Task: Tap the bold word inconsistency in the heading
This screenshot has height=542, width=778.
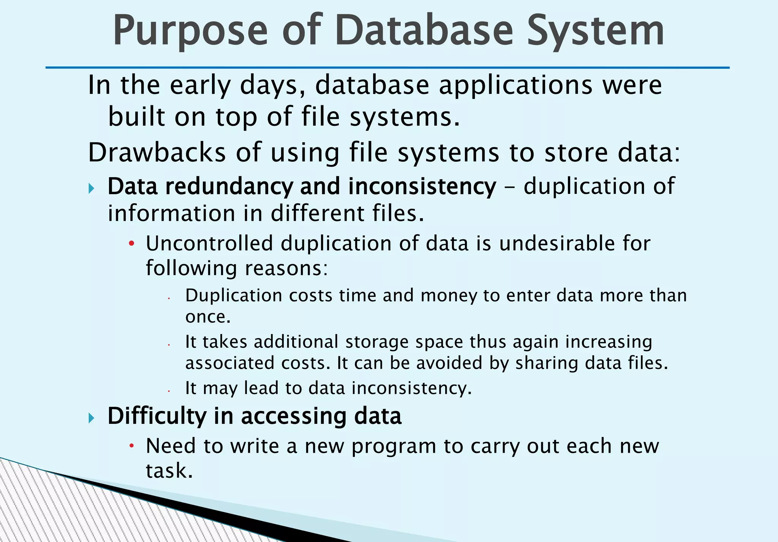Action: (x=422, y=187)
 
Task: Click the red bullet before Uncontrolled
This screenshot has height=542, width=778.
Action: (x=131, y=244)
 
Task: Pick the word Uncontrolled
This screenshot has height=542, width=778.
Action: (x=209, y=243)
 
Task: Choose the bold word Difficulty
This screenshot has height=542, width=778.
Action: (x=157, y=416)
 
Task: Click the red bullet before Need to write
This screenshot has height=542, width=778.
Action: (x=131, y=445)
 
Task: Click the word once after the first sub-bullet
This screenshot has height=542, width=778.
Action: (x=208, y=317)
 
